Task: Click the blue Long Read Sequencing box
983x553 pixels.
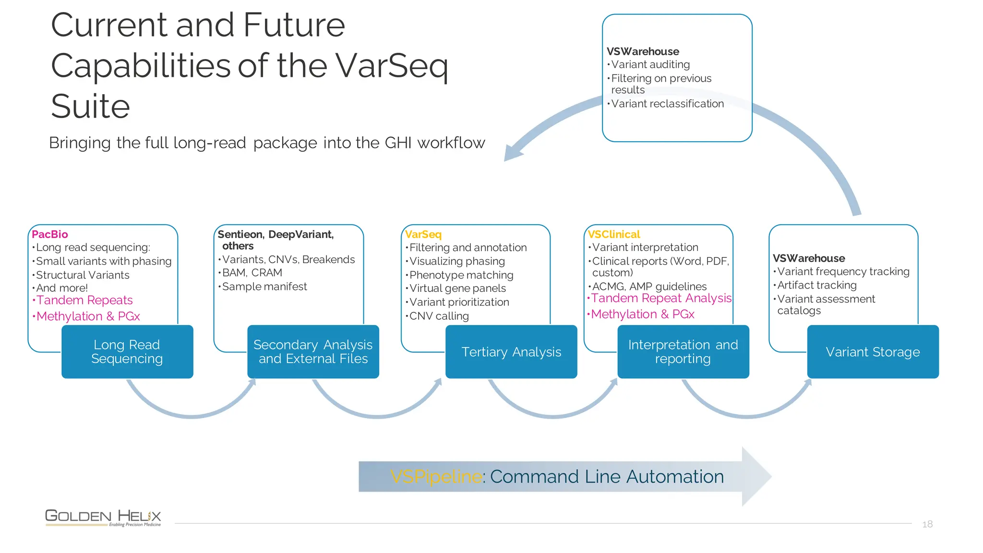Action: pos(127,352)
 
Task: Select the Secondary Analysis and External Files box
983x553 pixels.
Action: pos(313,352)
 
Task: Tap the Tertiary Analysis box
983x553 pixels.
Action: pos(511,352)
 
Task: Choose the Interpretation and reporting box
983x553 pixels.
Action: pos(683,352)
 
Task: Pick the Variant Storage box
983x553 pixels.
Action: pos(873,352)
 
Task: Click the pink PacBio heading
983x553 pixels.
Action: pos(50,234)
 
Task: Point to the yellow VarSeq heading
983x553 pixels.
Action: pos(423,234)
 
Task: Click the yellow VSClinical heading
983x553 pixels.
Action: pos(614,234)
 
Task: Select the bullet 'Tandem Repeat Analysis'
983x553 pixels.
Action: pos(661,298)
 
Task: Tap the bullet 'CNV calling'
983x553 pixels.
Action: pos(439,316)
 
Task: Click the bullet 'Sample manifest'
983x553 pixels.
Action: pos(264,287)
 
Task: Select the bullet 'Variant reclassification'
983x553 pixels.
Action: pos(667,104)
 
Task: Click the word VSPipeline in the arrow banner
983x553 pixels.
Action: pos(436,477)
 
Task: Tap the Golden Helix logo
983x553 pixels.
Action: pos(103,517)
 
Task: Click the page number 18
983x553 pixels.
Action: pos(927,524)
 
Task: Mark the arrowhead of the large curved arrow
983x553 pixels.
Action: pos(513,153)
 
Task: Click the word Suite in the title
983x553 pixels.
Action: pos(91,106)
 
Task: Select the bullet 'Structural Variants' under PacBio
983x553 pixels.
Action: pos(83,275)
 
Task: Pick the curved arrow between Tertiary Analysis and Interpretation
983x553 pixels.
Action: pos(552,416)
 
